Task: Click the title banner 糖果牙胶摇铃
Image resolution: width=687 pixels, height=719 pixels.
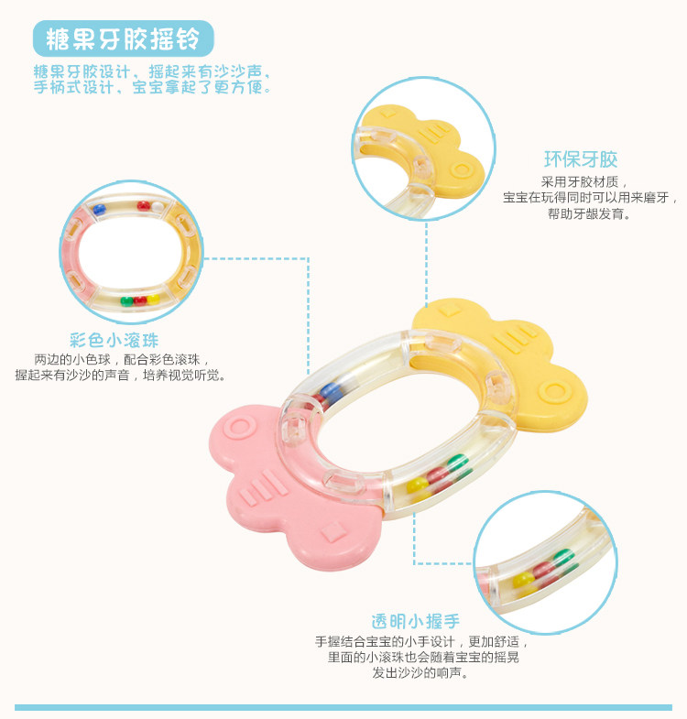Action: tap(123, 38)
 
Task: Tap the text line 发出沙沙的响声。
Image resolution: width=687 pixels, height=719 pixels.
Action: tap(421, 674)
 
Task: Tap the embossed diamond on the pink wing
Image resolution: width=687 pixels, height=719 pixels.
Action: tap(335, 529)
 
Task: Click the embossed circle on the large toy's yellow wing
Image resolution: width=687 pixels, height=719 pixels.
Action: tap(552, 391)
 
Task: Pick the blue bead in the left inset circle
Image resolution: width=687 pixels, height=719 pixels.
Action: tap(99, 210)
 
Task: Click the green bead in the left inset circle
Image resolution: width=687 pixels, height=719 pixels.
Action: tap(126, 300)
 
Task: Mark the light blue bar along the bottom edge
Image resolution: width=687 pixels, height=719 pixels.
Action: tap(343, 707)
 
